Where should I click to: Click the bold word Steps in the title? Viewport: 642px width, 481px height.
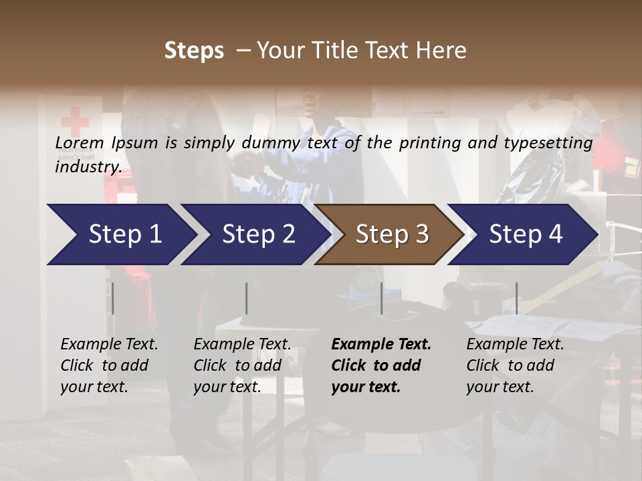coord(194,50)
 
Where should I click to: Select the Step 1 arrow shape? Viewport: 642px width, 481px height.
coord(120,234)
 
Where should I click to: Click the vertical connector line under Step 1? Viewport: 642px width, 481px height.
coord(113,298)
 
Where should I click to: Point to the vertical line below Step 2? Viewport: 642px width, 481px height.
coord(247,298)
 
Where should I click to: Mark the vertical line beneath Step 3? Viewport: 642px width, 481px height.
coord(381,298)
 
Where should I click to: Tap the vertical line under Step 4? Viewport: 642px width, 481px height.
coord(516,298)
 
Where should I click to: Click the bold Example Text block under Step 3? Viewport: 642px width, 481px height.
coord(381,365)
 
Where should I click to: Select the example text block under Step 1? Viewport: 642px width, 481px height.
coord(109,365)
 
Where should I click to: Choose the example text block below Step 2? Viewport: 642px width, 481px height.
coord(242,365)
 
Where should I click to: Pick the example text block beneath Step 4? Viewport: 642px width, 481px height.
coord(515,365)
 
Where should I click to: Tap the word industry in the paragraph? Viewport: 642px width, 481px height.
coord(88,167)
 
